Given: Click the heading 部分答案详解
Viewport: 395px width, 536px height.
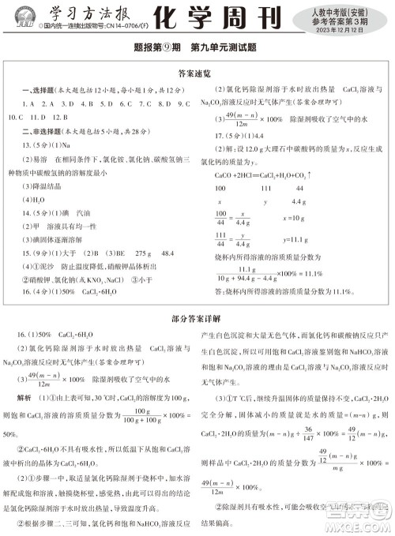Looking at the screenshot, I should tap(197, 320).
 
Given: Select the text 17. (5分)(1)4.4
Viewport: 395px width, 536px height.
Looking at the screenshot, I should tap(240, 133).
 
